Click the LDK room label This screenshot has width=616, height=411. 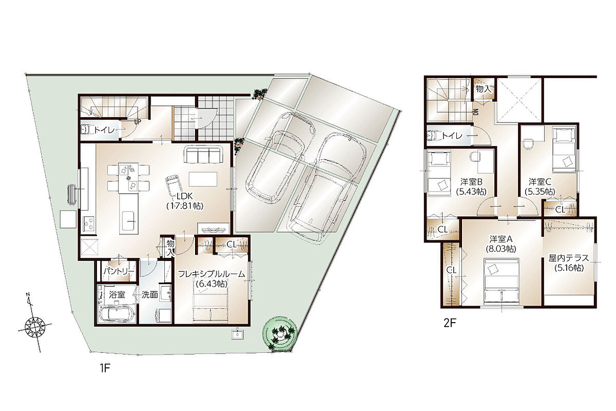click(185, 197)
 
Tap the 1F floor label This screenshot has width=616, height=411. click(105, 368)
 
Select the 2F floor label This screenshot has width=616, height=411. click(450, 323)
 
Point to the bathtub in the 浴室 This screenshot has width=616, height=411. click(117, 314)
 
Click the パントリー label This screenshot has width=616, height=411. click(119, 271)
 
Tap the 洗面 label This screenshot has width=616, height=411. click(149, 295)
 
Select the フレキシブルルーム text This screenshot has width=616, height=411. click(211, 274)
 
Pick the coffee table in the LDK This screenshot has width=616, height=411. click(203, 179)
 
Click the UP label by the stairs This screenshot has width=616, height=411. click(138, 122)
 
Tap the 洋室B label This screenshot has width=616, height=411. click(471, 182)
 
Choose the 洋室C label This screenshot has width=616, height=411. click(540, 182)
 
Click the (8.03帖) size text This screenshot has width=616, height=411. click(500, 249)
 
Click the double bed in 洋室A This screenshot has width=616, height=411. click(502, 282)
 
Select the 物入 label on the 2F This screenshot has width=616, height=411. click(483, 89)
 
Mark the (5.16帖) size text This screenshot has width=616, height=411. click(569, 268)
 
